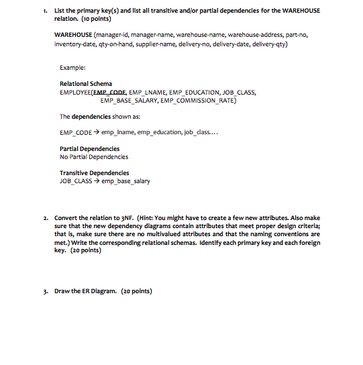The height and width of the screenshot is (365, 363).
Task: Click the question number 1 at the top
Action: coord(42,11)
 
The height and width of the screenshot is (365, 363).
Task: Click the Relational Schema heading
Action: coord(87,84)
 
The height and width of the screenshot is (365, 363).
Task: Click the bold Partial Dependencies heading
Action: coord(90,148)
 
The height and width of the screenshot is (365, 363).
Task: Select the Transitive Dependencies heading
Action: coord(93,173)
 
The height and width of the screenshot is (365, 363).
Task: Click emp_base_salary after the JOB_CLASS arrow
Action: coord(125,181)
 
